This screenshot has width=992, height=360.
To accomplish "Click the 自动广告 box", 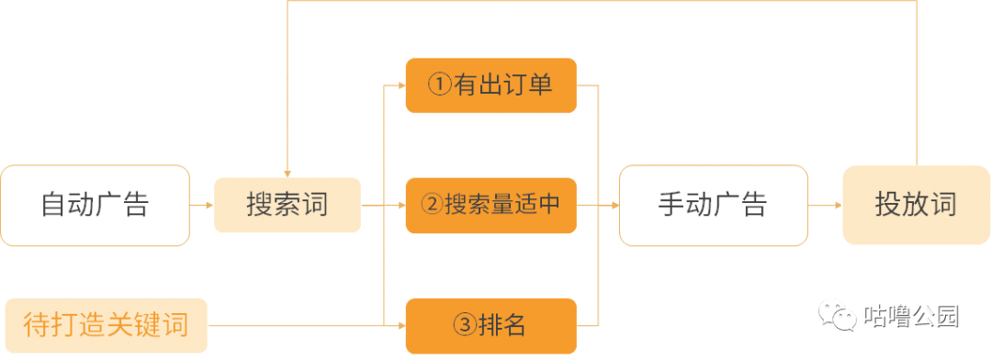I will [x=95, y=205].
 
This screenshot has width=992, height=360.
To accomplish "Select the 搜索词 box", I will [x=287, y=205].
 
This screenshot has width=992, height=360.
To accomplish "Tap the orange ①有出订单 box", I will [x=490, y=85].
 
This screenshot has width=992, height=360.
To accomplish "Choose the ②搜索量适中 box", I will [x=490, y=205].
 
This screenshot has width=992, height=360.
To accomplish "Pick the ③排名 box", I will [x=490, y=325].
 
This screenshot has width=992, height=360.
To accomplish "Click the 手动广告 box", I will [x=713, y=205].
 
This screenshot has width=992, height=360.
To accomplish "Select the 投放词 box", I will [x=916, y=205].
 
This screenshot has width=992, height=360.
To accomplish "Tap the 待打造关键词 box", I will [x=106, y=325].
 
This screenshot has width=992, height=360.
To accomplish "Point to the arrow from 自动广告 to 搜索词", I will [x=201, y=205].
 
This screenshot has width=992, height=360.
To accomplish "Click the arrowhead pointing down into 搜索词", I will [x=287, y=173].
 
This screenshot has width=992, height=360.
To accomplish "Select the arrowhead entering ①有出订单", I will [x=401, y=85].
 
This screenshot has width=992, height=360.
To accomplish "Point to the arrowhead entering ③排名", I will [x=401, y=325].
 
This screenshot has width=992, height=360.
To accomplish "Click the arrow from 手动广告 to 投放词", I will [x=825, y=205].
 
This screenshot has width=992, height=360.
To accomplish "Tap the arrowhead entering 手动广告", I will [x=614, y=205].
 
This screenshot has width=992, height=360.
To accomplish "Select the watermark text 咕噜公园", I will [x=911, y=318].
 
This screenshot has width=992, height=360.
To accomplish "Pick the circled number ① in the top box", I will [x=441, y=85].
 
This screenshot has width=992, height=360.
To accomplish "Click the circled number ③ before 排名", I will [x=466, y=325].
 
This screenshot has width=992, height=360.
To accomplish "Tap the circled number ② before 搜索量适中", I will [x=432, y=205].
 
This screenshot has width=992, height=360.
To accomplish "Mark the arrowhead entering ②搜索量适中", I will [x=401, y=205].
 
